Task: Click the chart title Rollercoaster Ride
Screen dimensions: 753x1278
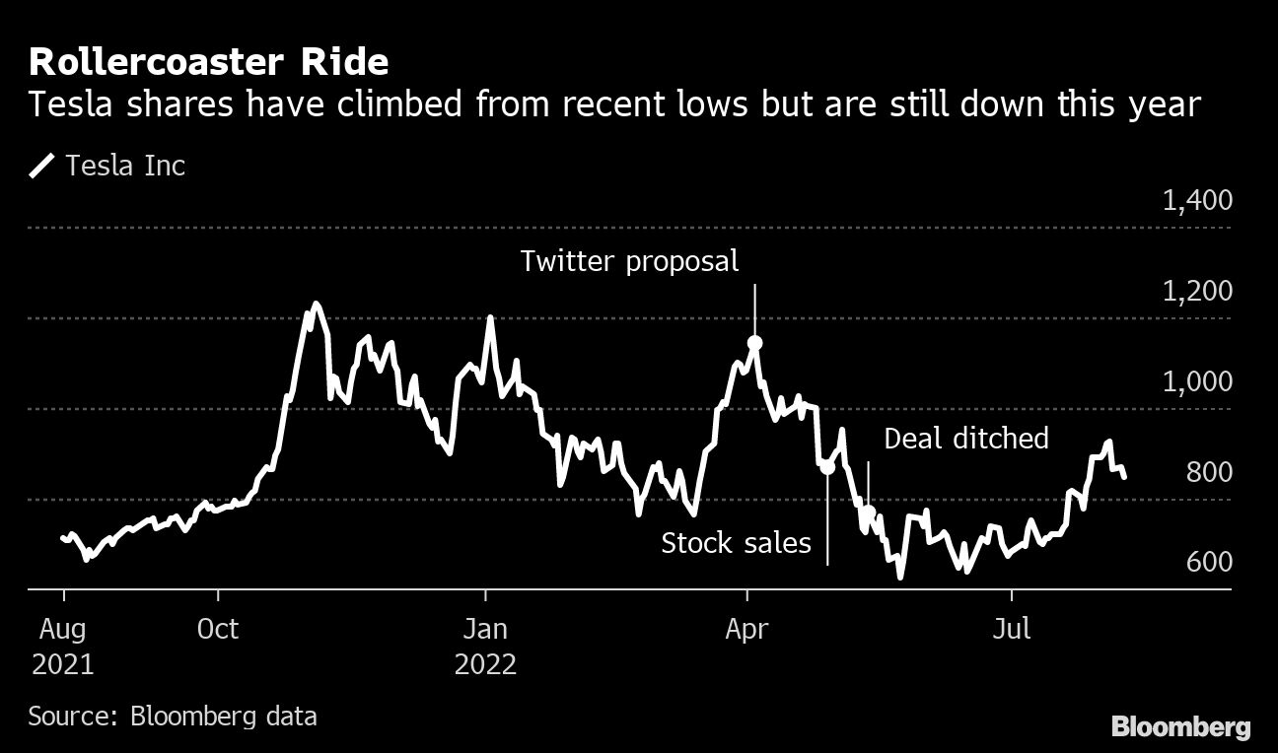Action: (x=208, y=62)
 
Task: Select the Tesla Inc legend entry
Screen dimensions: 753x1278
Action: (x=107, y=166)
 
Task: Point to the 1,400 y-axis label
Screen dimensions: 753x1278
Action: (x=1197, y=201)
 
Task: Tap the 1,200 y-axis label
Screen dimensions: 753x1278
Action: (x=1197, y=292)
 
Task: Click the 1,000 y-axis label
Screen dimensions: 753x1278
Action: (x=1197, y=382)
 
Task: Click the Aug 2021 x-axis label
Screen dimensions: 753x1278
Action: (x=62, y=647)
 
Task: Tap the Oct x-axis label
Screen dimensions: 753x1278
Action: (x=217, y=629)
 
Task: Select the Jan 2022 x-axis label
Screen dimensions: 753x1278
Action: (x=485, y=647)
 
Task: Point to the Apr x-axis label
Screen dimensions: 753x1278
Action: (x=746, y=629)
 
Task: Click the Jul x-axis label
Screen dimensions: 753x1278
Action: (x=1012, y=629)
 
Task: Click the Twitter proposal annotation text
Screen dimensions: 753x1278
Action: (x=629, y=261)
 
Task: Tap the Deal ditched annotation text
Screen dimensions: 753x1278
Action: (x=965, y=439)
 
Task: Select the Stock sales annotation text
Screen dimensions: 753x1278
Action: (x=736, y=542)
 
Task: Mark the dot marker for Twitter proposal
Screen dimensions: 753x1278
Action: (x=755, y=343)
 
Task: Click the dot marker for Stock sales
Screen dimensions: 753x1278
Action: (x=827, y=468)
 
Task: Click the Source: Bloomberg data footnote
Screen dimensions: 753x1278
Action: (x=173, y=716)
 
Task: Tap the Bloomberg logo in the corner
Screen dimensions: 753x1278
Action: (x=1180, y=727)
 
